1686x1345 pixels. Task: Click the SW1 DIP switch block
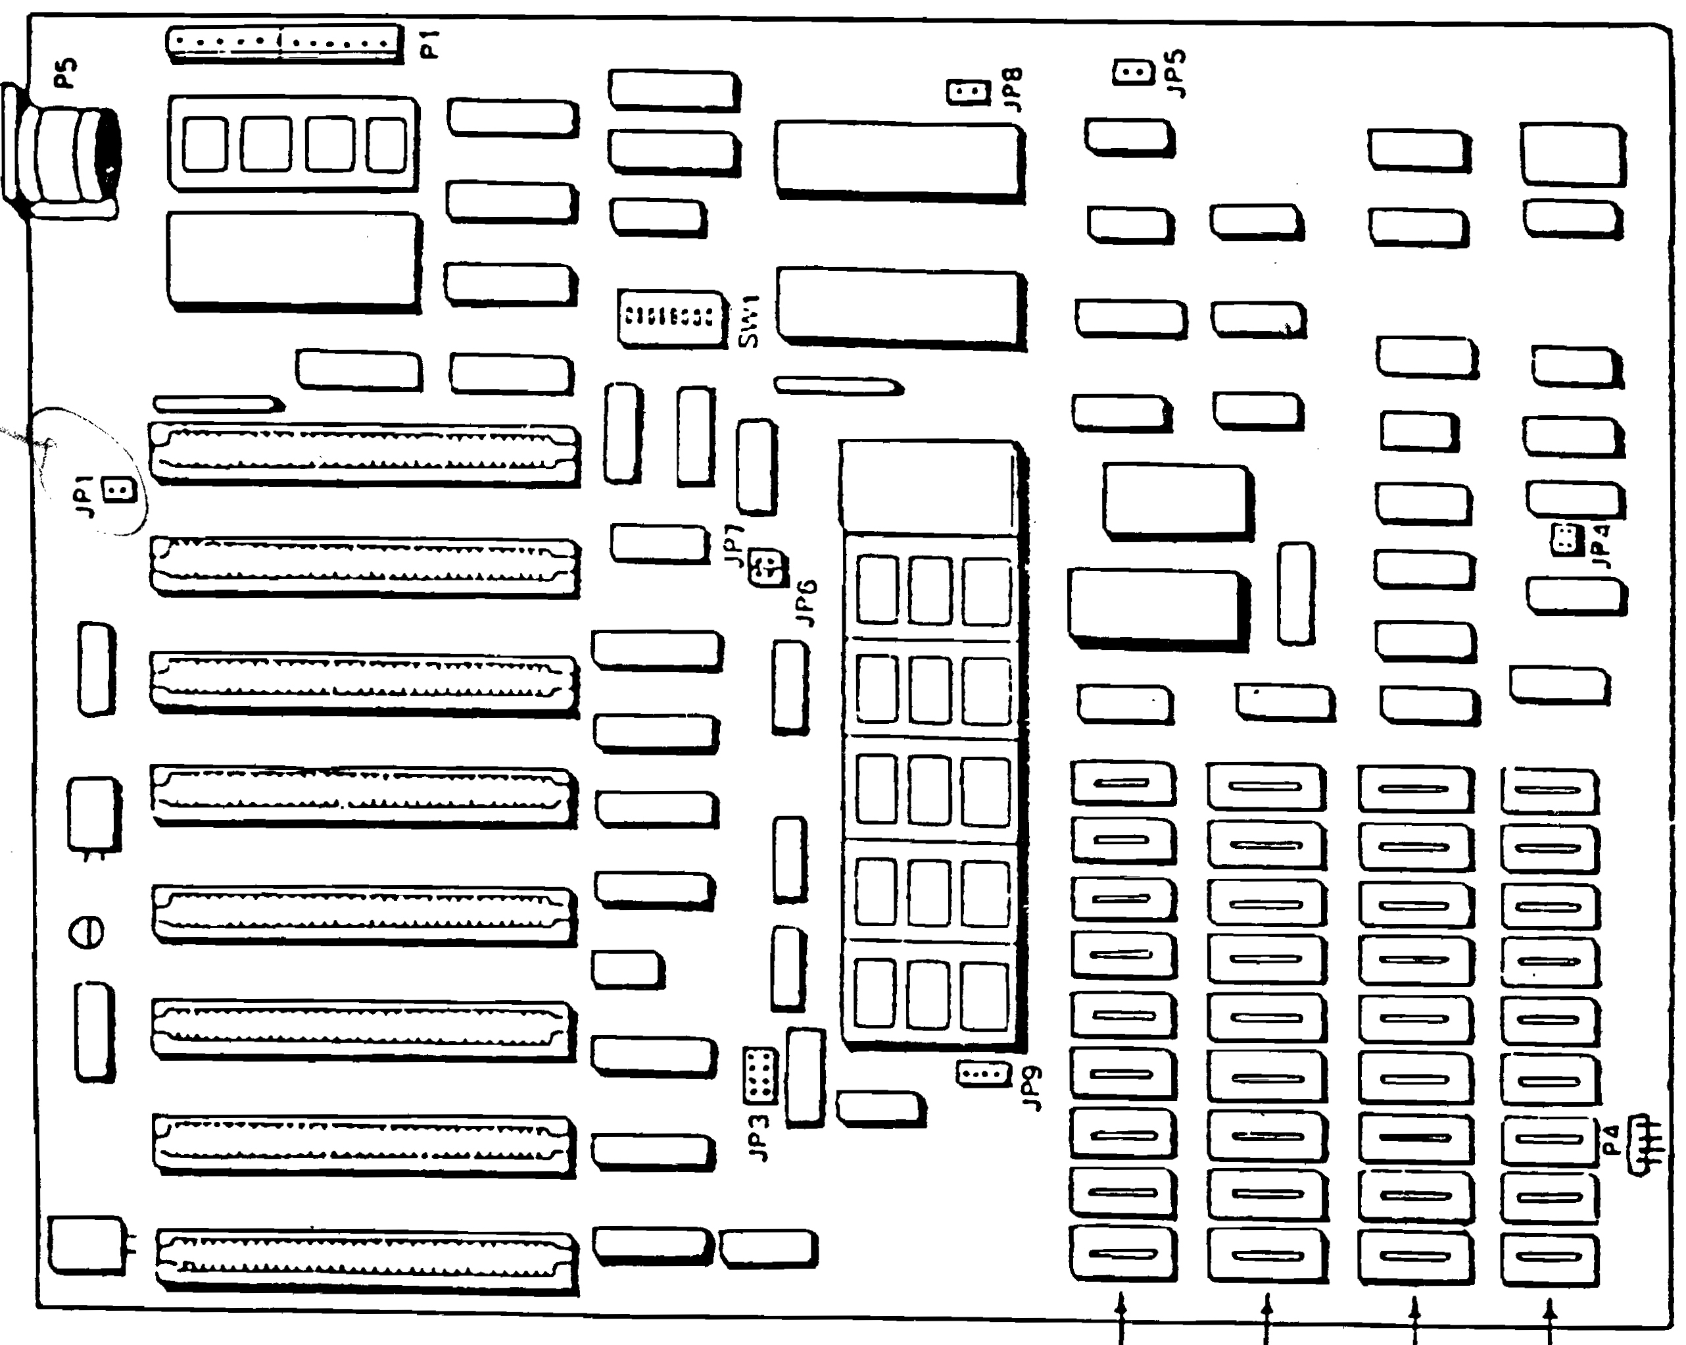(x=671, y=317)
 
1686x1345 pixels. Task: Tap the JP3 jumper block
(x=759, y=1075)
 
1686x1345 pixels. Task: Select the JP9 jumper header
(x=983, y=1073)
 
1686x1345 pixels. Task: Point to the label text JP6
(x=806, y=603)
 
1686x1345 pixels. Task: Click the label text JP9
(x=1033, y=1088)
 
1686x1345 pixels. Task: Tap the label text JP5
(x=1175, y=73)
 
